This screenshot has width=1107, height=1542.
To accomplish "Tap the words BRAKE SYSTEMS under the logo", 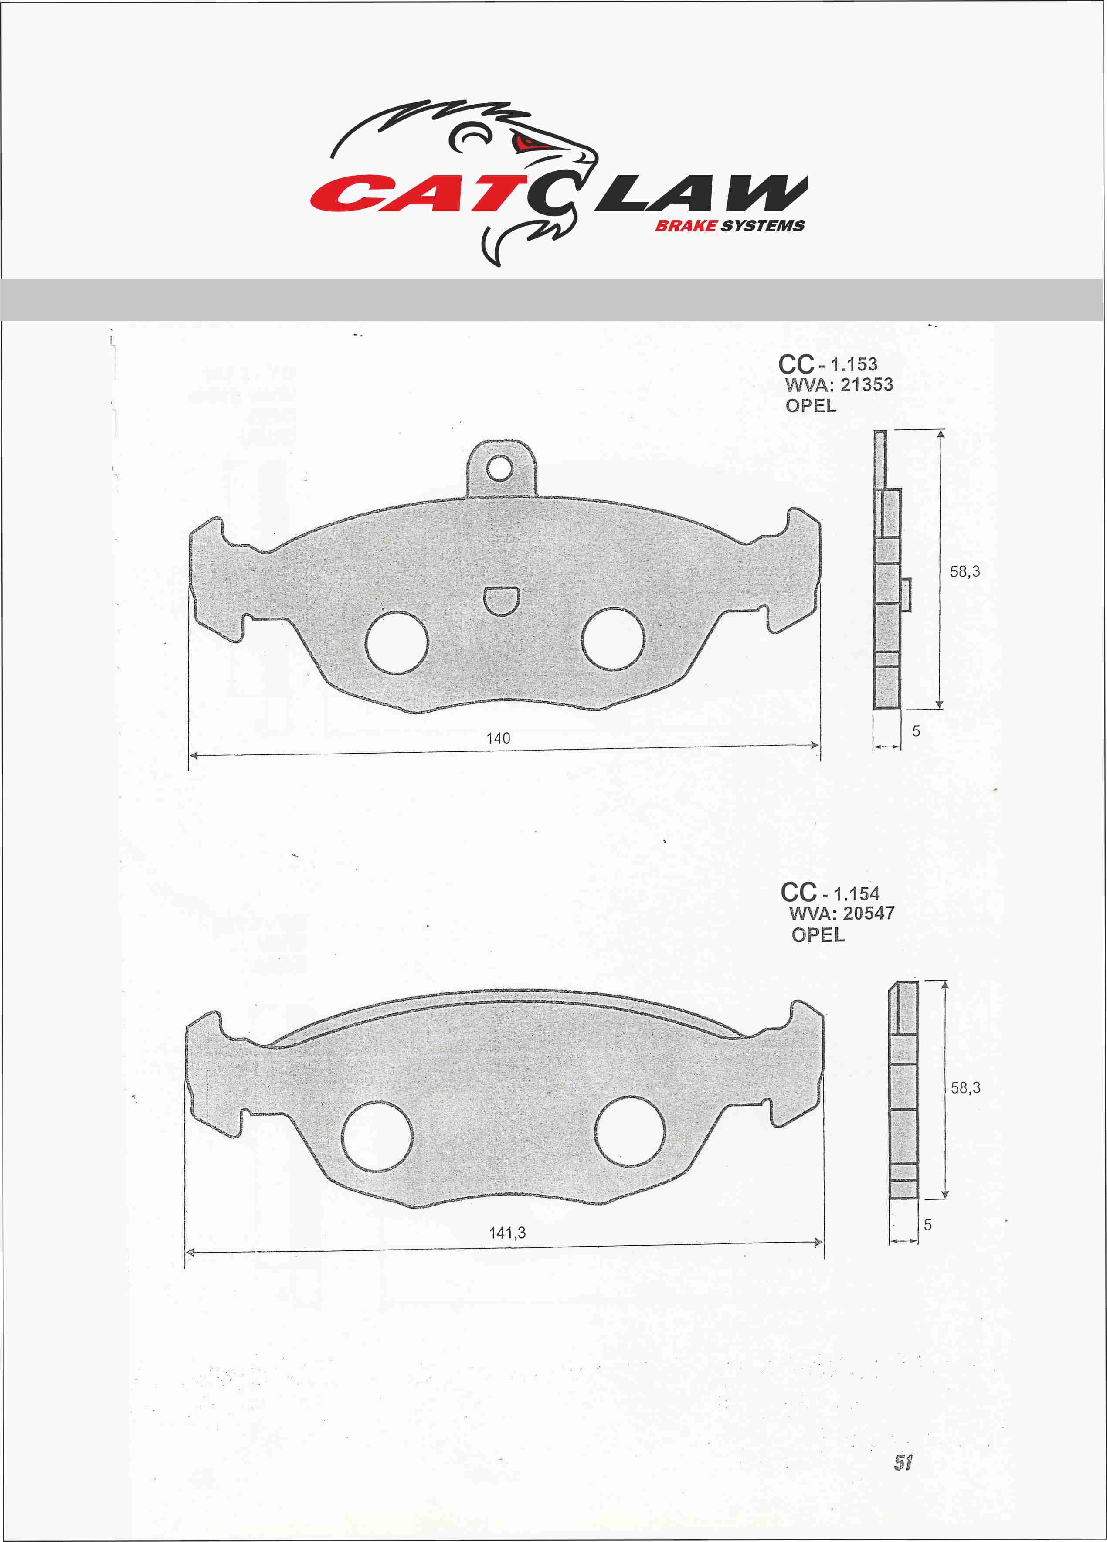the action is [730, 226].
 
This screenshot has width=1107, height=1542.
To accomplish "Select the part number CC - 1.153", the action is [828, 364].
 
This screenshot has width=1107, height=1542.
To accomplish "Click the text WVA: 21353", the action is [839, 385].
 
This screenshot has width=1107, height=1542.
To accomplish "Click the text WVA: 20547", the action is [842, 913].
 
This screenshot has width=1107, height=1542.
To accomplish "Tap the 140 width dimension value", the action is [499, 738].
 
